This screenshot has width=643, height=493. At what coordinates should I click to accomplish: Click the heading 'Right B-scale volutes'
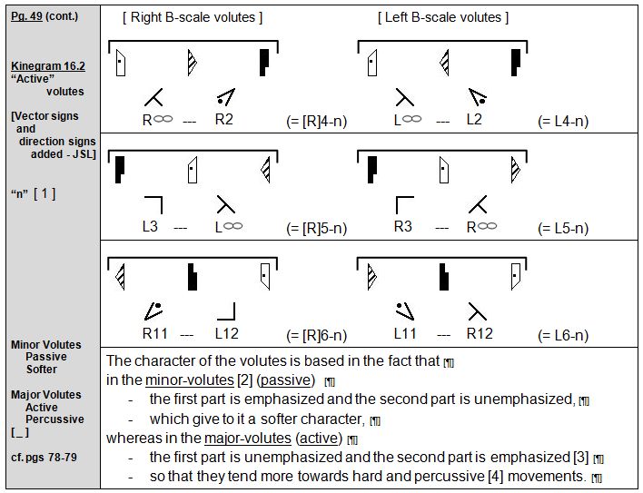tap(193, 17)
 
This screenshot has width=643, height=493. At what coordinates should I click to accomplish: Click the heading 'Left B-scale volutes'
tap(443, 17)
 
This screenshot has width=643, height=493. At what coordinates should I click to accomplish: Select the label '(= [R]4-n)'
tap(317, 121)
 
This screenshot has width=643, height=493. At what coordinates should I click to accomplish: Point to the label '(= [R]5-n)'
tap(317, 229)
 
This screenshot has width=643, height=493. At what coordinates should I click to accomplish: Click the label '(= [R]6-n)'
tap(317, 336)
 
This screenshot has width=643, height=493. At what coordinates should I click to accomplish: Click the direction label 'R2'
tap(224, 118)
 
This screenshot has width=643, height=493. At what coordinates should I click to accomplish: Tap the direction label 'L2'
tap(475, 118)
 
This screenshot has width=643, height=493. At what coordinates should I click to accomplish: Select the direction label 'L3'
tap(150, 226)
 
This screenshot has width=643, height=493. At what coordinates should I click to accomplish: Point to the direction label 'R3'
tap(402, 226)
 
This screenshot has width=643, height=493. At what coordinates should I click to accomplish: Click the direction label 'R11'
tap(153, 333)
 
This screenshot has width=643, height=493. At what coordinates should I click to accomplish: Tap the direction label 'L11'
tap(405, 333)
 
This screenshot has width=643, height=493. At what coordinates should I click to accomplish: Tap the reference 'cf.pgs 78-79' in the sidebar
tap(44, 457)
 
